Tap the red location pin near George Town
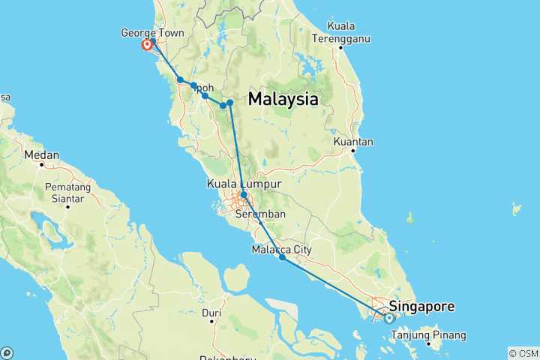coord(147,45)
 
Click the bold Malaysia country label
coord(283,99)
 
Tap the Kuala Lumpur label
coord(244,184)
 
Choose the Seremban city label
coord(256,214)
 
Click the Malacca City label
coord(281,249)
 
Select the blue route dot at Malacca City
coord(282,257)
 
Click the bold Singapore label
coord(421,306)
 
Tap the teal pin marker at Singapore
coord(389,318)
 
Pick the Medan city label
coord(42,155)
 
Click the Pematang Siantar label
coord(67,192)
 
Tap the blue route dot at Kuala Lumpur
coord(244,194)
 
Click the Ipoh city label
coord(203,88)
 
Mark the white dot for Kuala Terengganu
coord(340,48)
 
